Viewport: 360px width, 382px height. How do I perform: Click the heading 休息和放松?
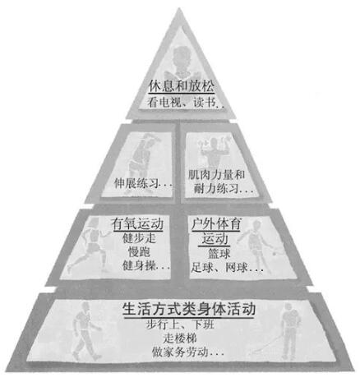pos(181,86)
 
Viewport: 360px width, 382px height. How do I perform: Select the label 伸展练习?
pos(136,183)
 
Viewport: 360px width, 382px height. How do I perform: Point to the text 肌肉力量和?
pos(216,174)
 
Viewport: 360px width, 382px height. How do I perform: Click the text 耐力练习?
pos(216,189)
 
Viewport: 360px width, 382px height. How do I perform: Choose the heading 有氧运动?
pos(137,224)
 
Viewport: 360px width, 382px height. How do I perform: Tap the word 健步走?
pos(139,238)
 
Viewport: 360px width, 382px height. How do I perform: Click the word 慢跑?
pos(139,251)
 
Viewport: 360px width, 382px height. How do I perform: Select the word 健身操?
pos(139,265)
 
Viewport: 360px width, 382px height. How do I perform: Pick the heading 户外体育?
pos(216,224)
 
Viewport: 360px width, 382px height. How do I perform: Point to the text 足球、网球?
pos(219,267)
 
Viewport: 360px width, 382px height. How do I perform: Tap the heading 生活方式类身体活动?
pos(189,310)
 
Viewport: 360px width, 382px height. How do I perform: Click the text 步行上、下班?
pos(180,324)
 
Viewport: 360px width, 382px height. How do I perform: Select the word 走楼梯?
pos(180,338)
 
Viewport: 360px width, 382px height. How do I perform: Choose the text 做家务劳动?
pos(180,352)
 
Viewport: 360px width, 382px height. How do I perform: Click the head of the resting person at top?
pos(180,55)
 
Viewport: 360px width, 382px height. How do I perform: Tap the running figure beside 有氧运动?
pos(90,244)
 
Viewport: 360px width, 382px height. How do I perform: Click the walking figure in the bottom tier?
pos(85,331)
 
